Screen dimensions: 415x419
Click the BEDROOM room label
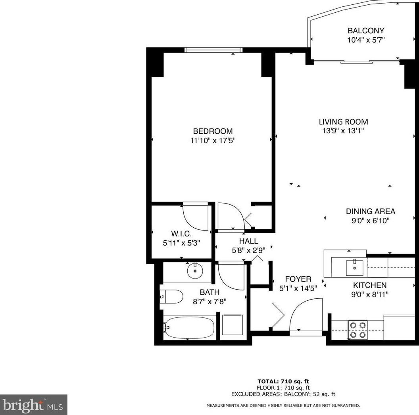213,131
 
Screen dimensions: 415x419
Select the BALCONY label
366,31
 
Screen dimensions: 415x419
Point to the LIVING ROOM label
344,122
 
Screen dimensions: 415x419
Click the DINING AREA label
371,211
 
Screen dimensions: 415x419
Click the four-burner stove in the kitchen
357,330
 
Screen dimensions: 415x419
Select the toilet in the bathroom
171,296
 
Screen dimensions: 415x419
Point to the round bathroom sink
195,271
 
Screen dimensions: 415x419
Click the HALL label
248,241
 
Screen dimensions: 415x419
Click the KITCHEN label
370,285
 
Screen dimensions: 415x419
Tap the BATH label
209,292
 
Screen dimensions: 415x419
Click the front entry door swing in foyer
305,315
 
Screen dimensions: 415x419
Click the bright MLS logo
33,404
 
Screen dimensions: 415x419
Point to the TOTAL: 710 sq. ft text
283,382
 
